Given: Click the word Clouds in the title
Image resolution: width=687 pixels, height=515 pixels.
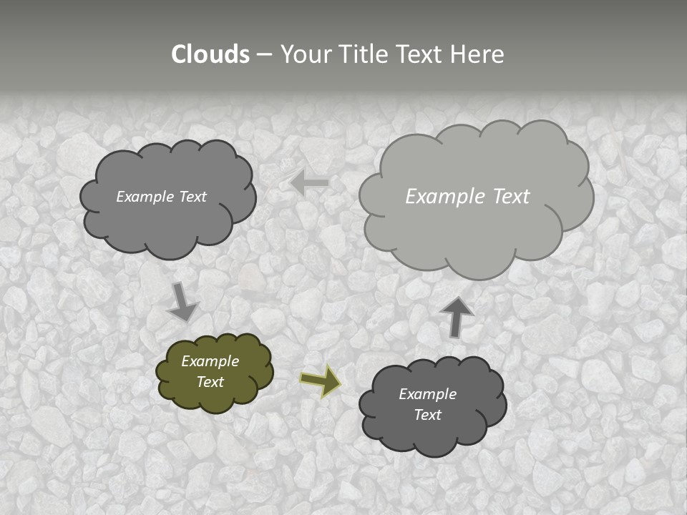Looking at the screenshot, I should click(x=210, y=54).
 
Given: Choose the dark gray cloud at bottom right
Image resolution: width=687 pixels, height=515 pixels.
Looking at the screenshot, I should click(x=432, y=429).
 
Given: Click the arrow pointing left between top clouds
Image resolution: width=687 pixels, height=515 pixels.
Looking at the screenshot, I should click(x=310, y=183).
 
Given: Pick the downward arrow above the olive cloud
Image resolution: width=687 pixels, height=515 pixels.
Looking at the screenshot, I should click(x=182, y=301).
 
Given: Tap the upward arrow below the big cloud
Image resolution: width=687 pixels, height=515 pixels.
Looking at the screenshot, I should click(x=457, y=316).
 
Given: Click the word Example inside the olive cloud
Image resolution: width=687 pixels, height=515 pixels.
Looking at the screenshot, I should click(x=210, y=361).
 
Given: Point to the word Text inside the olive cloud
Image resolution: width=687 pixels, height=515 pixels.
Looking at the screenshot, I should click(x=210, y=382).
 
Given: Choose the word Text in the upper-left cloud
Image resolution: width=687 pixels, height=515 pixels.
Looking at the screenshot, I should click(x=193, y=197).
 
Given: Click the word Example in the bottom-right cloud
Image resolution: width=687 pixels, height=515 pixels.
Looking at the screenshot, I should click(x=427, y=394).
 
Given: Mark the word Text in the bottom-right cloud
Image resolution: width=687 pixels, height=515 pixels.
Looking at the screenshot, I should click(x=428, y=415).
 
